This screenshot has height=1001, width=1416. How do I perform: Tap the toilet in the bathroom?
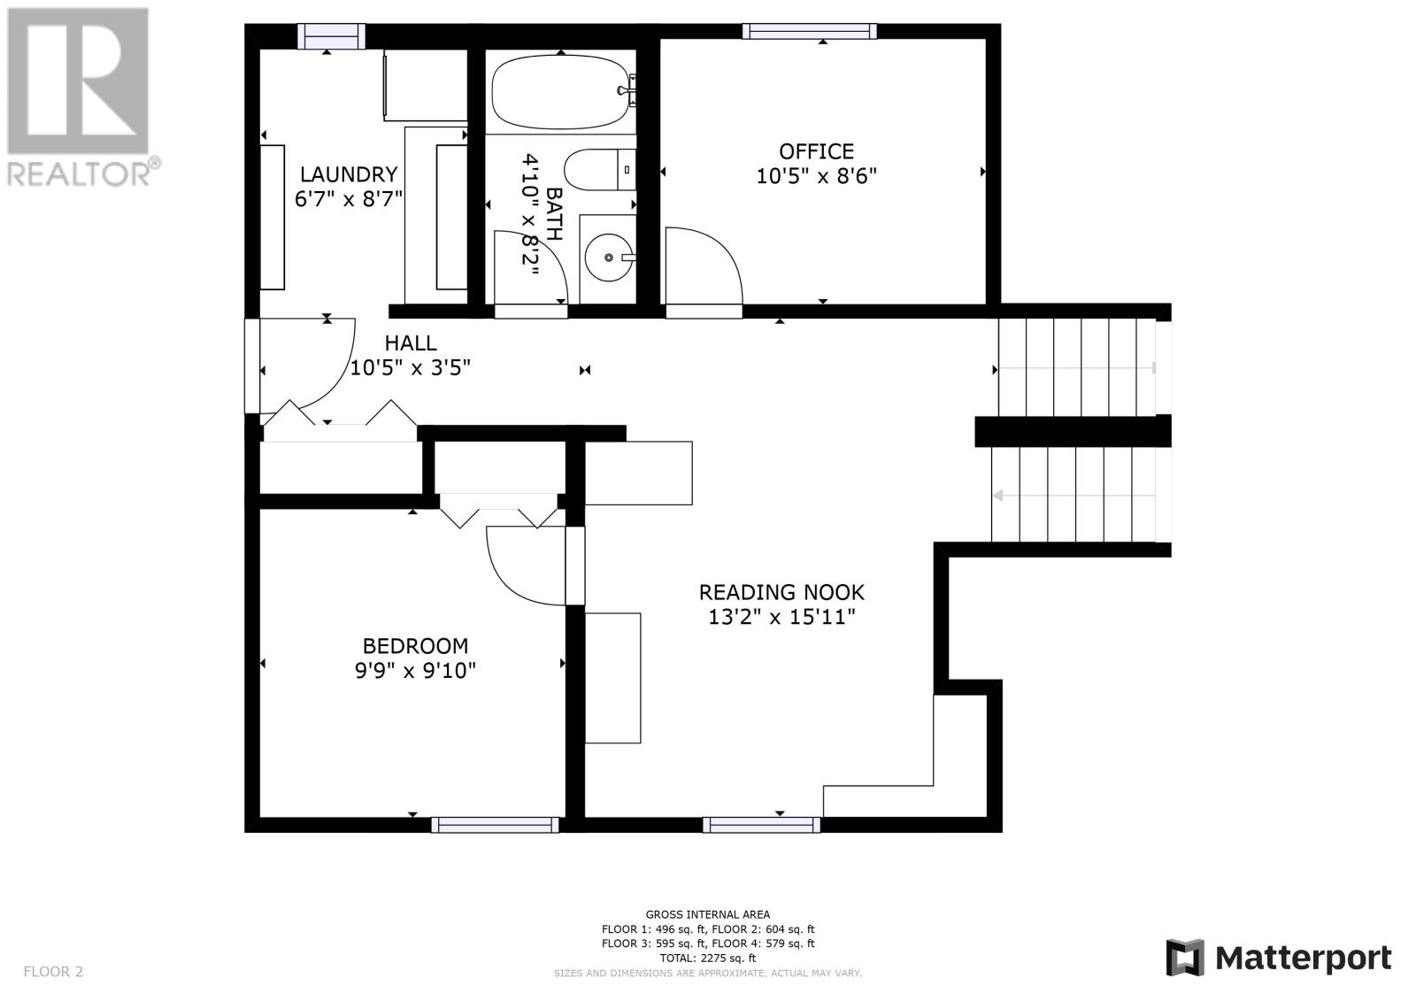(599, 169)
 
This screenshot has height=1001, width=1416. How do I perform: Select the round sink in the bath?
(608, 258)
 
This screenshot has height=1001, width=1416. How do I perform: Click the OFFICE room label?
(816, 151)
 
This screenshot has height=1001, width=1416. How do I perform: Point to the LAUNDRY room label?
(349, 173)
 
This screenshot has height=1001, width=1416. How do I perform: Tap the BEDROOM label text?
(415, 645)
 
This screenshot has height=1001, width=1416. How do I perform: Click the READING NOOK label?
(781, 592)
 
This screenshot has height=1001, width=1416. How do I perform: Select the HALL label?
(411, 343)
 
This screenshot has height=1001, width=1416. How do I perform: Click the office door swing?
(704, 266)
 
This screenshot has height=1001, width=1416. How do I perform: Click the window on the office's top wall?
(809, 31)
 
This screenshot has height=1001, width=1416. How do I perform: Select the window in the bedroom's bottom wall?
(495, 825)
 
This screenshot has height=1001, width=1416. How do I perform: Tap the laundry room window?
(331, 36)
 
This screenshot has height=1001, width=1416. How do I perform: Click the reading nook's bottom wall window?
(761, 825)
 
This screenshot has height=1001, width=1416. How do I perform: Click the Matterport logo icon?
(1185, 958)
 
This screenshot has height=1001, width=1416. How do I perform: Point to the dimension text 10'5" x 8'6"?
(816, 176)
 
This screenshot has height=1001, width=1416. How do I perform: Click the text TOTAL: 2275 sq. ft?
(707, 958)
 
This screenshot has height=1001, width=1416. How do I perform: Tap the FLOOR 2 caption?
(53, 971)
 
